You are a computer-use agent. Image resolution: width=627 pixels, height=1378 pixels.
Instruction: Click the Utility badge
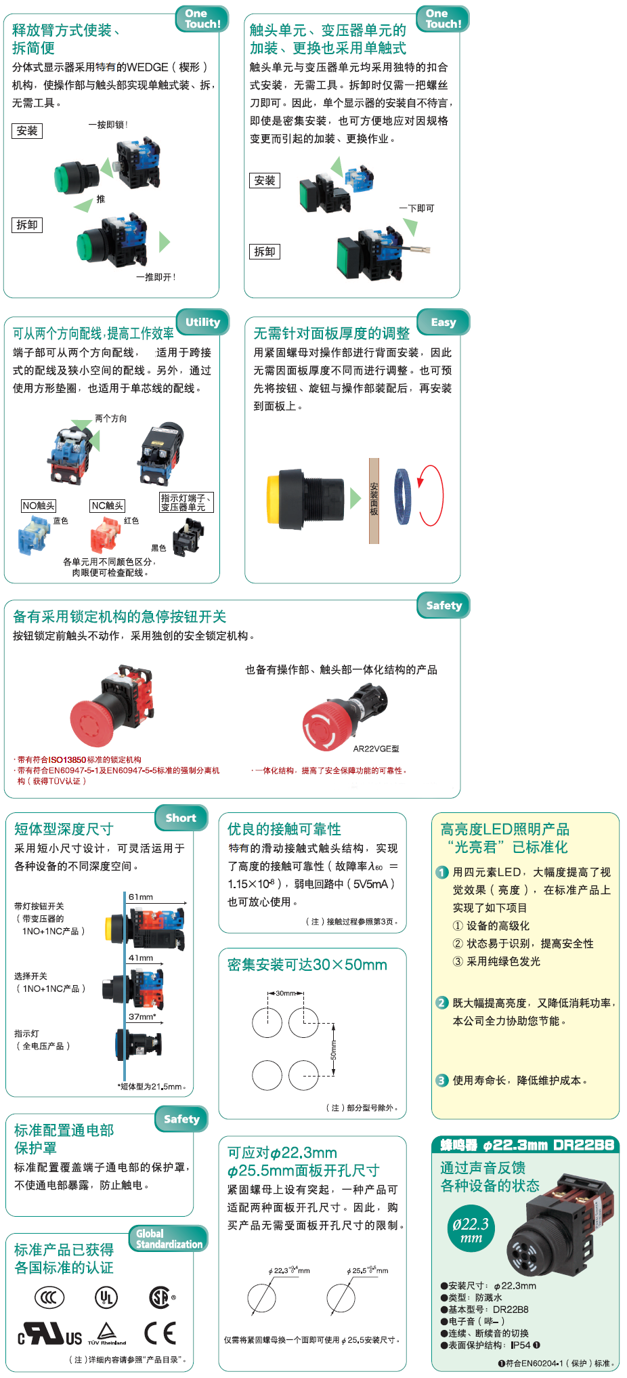pyautogui.click(x=202, y=322)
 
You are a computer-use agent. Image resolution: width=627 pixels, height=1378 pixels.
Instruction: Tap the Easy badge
pyautogui.click(x=444, y=322)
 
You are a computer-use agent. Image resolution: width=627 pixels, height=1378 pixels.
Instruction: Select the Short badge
pyautogui.click(x=181, y=818)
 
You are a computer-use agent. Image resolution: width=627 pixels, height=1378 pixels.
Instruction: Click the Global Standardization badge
pyautogui.click(x=169, y=1238)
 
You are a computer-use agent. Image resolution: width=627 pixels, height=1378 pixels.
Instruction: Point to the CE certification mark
pyautogui.click(x=160, y=1333)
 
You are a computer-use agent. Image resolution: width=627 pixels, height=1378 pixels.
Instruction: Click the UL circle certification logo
pyautogui.click(x=106, y=1297)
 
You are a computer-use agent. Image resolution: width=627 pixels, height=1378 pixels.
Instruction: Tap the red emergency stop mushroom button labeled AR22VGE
pyautogui.click(x=328, y=724)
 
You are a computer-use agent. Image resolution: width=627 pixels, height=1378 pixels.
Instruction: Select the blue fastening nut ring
pyautogui.click(x=402, y=497)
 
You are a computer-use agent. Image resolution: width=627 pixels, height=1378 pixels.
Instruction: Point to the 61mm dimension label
pyautogui.click(x=141, y=897)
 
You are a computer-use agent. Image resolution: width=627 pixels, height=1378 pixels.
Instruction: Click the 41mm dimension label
pyautogui.click(x=141, y=958)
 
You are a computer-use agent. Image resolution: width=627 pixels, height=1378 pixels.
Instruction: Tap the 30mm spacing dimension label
pyautogui.click(x=285, y=993)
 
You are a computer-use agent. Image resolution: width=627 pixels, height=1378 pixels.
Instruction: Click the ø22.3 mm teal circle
pyautogui.click(x=471, y=1229)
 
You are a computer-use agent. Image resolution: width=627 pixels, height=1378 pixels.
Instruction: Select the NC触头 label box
pyautogui.click(x=108, y=505)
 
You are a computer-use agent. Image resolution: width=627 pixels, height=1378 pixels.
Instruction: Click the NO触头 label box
pyautogui.click(x=39, y=505)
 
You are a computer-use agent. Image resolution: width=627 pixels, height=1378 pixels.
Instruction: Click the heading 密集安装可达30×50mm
pyautogui.click(x=307, y=965)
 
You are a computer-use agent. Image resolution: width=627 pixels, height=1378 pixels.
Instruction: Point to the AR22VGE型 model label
pyautogui.click(x=376, y=749)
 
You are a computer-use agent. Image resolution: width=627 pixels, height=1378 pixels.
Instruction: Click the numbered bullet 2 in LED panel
pyautogui.click(x=442, y=1003)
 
